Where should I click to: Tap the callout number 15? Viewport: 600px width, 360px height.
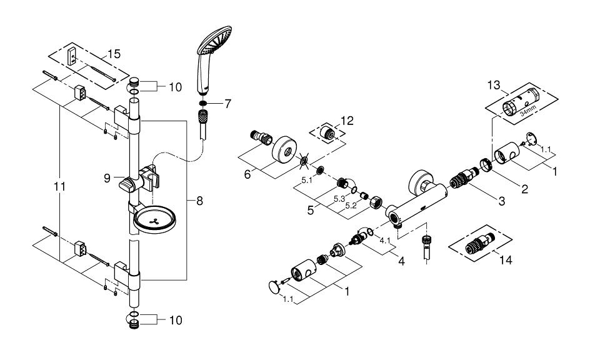click(x=114, y=54)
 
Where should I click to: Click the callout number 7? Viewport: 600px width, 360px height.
click(x=227, y=104)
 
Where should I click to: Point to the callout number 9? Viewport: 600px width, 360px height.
click(x=107, y=178)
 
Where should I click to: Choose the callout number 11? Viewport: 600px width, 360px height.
click(x=59, y=187)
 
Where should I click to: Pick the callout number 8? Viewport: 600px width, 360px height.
click(x=199, y=201)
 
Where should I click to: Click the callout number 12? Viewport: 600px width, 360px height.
click(x=347, y=121)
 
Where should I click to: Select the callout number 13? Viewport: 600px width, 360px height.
click(x=494, y=86)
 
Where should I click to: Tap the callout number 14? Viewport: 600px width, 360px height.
click(x=505, y=260)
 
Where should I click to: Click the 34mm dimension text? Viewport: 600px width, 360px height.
click(x=528, y=112)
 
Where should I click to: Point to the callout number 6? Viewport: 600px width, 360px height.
click(x=247, y=174)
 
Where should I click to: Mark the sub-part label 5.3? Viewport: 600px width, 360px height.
click(x=339, y=199)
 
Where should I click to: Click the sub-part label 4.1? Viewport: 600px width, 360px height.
click(x=384, y=241)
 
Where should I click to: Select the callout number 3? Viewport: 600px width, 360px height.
click(x=502, y=201)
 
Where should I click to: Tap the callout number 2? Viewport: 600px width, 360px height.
click(x=524, y=188)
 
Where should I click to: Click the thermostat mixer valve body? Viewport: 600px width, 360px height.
click(x=416, y=204)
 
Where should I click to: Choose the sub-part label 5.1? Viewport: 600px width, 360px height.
click(x=307, y=181)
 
